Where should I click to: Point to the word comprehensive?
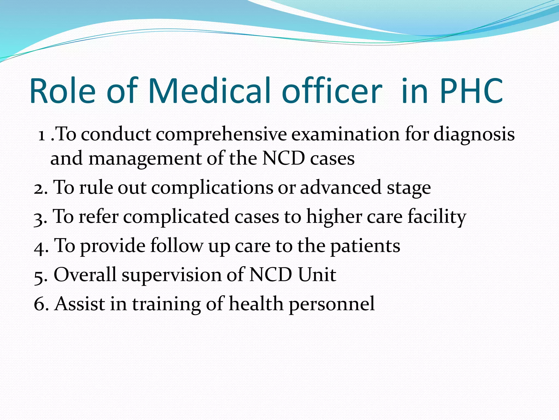tap(221, 135)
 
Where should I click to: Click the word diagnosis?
tap(474, 135)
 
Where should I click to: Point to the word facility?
tap(437, 217)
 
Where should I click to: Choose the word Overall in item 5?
tap(85, 275)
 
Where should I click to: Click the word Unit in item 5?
tap(317, 275)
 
